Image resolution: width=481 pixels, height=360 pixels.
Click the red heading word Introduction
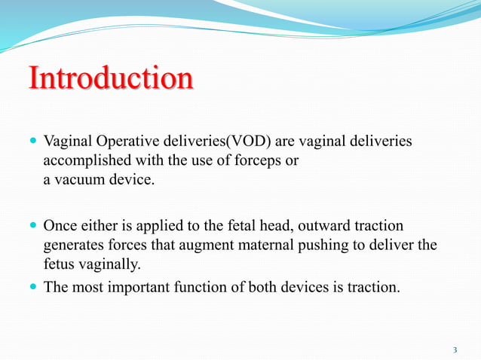110,79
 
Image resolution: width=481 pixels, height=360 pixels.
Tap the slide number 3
455,349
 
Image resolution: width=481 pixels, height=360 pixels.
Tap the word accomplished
81,161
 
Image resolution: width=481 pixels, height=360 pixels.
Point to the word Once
60,226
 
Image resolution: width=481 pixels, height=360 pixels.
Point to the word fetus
59,265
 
